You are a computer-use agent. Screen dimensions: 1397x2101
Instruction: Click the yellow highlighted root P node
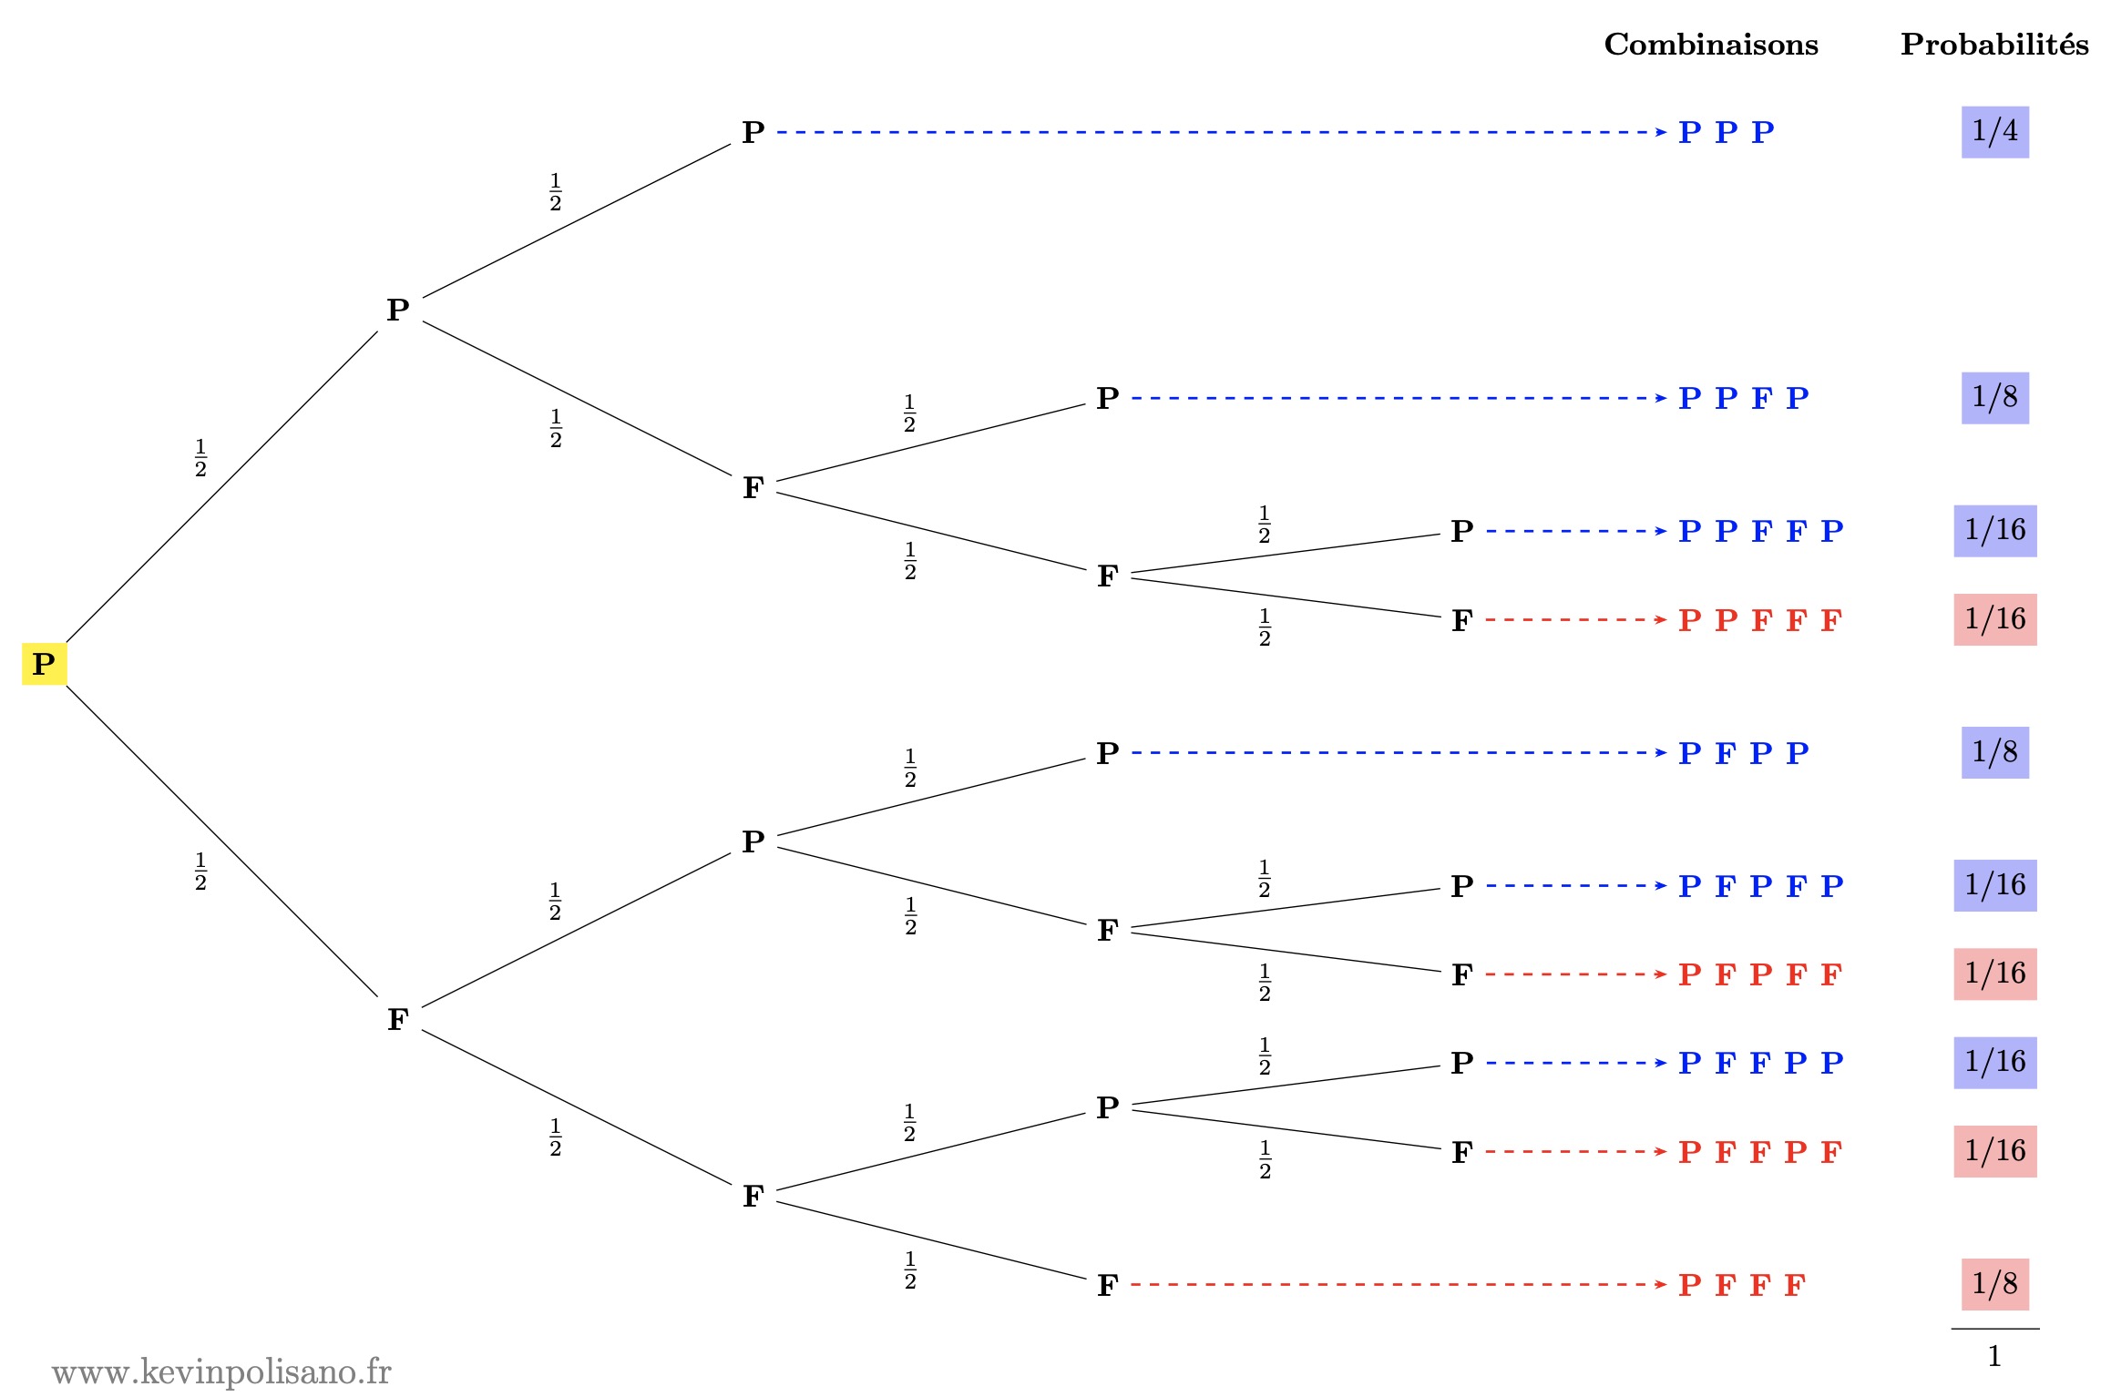pyautogui.click(x=44, y=664)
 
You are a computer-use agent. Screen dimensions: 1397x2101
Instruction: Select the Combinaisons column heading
pyautogui.click(x=1710, y=45)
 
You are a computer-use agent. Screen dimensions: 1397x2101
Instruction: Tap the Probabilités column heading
pyautogui.click(x=1993, y=45)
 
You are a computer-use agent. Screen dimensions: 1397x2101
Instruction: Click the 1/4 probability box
pyautogui.click(x=1994, y=132)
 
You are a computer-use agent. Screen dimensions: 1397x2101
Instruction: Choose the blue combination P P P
pyautogui.click(x=1726, y=132)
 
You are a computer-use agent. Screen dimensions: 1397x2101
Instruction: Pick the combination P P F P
pyautogui.click(x=1743, y=398)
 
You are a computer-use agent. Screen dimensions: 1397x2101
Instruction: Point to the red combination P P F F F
pyautogui.click(x=1760, y=620)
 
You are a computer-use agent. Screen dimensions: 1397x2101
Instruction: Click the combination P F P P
pyautogui.click(x=1743, y=753)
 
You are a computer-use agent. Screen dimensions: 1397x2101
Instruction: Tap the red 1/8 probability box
pyautogui.click(x=1994, y=1284)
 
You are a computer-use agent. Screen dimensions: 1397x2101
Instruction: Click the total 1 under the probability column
pyautogui.click(x=1994, y=1357)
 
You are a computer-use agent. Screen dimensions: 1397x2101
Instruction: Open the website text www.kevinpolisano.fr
pyautogui.click(x=221, y=1372)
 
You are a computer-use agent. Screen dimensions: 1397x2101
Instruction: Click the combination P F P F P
pyautogui.click(x=1760, y=886)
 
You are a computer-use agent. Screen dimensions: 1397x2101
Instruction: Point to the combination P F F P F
pyautogui.click(x=1760, y=1152)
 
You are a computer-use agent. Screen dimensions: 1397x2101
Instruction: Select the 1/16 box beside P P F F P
pyautogui.click(x=1994, y=531)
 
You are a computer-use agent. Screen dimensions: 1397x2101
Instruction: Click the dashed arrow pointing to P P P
pyautogui.click(x=1221, y=132)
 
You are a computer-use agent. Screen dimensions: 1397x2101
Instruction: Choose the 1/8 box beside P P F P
pyautogui.click(x=1994, y=398)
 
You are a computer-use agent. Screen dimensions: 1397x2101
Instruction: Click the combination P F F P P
pyautogui.click(x=1760, y=1063)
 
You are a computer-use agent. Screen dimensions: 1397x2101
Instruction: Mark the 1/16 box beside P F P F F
pyautogui.click(x=1994, y=974)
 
